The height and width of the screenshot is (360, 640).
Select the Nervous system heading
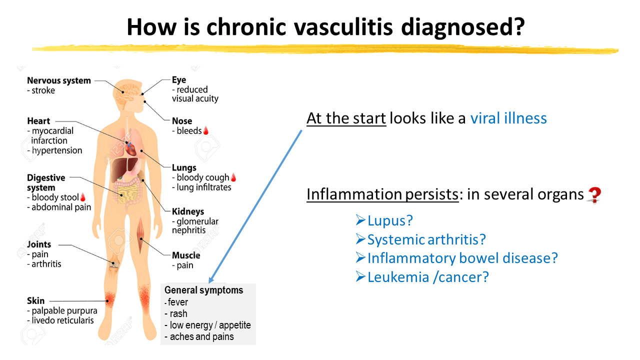[x=59, y=80]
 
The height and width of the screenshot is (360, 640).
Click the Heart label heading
[x=38, y=121]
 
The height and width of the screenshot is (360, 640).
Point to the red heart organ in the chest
[x=130, y=148]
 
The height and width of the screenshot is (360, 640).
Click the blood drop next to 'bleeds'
[x=205, y=130]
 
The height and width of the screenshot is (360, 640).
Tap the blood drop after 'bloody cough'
[x=233, y=177]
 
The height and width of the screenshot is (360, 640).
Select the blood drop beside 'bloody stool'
[x=83, y=197]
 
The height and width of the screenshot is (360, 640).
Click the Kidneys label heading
[x=188, y=211]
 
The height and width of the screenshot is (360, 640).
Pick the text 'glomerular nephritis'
[x=195, y=226]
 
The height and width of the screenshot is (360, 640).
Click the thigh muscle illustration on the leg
[x=141, y=235]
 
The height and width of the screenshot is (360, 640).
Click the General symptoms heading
[x=203, y=290]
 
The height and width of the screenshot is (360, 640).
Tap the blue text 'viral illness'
[x=508, y=118]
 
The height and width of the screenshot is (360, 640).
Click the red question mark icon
[x=594, y=194]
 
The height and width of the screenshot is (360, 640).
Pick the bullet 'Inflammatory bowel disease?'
[x=462, y=258]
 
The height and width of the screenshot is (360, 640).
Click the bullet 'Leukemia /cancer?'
[x=428, y=277]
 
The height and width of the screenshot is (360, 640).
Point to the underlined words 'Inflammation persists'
[x=382, y=194]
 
